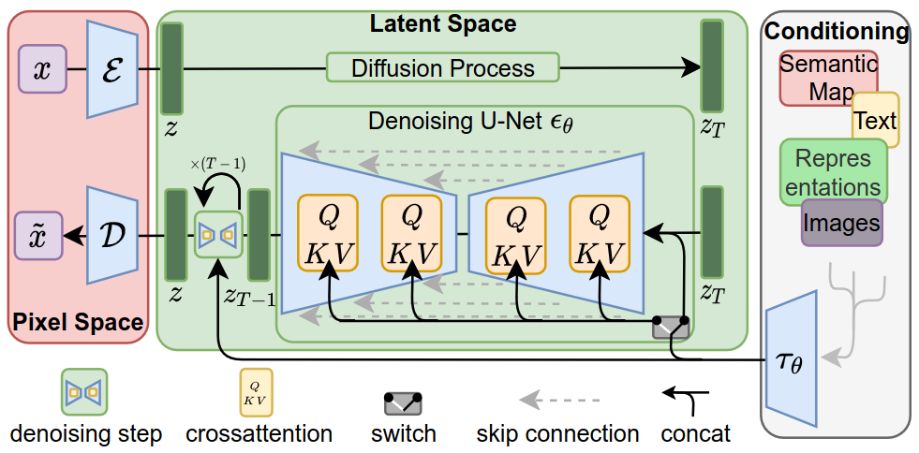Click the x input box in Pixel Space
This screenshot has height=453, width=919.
click(x=41, y=70)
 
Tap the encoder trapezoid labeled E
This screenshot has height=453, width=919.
click(x=112, y=71)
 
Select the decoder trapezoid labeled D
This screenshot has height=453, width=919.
click(x=112, y=235)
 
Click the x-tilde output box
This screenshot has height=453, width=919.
click(x=41, y=235)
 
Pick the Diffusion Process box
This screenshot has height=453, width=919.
click(x=442, y=67)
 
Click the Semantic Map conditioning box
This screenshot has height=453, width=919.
click(x=828, y=78)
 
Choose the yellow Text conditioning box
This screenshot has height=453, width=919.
click(x=876, y=120)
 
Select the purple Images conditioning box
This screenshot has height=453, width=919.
click(x=841, y=223)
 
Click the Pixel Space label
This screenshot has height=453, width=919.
click(x=78, y=323)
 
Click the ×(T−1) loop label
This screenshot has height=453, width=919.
click(x=217, y=165)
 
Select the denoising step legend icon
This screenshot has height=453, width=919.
click(x=84, y=392)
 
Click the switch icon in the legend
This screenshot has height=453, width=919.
click(x=404, y=403)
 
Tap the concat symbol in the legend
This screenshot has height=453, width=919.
click(x=690, y=401)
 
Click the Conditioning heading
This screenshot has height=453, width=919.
click(x=837, y=32)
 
